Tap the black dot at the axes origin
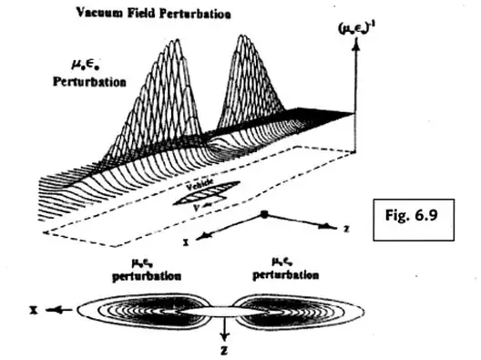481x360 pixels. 263,213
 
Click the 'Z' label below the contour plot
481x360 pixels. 223,350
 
